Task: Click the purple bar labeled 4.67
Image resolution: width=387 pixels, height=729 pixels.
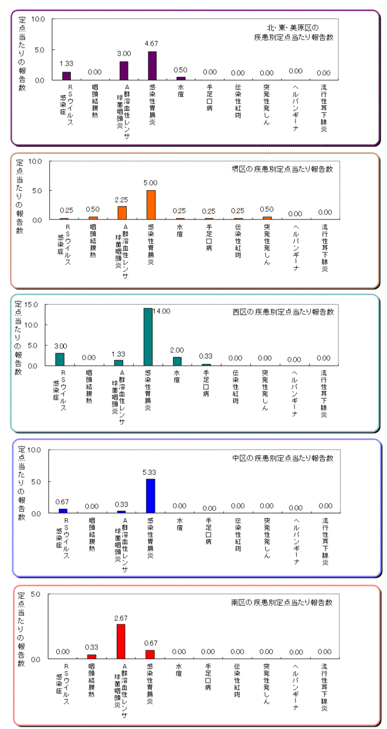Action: tap(152, 66)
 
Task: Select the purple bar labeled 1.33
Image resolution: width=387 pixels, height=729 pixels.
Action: tap(66, 76)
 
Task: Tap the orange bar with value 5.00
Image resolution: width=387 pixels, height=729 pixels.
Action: tap(151, 205)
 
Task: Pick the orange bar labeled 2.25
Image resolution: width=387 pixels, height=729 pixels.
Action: tap(122, 213)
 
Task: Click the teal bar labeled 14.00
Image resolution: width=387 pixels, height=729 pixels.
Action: tap(148, 337)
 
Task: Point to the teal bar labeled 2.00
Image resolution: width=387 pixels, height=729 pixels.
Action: tap(177, 361)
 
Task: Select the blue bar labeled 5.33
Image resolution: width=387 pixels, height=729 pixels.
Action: tap(151, 496)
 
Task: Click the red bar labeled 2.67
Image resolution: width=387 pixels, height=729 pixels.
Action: tap(121, 642)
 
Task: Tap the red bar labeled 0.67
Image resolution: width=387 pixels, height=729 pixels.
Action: tap(150, 654)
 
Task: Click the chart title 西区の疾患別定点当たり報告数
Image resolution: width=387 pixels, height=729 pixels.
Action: tap(283, 312)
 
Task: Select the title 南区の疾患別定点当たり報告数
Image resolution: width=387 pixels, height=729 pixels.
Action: tap(281, 602)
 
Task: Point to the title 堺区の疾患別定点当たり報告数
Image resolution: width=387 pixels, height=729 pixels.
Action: tap(282, 169)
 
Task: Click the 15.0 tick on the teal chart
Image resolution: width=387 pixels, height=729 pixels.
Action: tap(31, 305)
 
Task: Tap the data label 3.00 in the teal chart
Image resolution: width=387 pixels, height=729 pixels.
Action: tap(60, 346)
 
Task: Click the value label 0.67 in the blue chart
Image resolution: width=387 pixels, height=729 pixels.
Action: tap(62, 502)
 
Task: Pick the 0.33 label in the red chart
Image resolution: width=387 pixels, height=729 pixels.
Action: tap(91, 647)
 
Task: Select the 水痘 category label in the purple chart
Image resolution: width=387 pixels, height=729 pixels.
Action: tap(181, 91)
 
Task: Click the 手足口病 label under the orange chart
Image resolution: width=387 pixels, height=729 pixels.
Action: tap(209, 237)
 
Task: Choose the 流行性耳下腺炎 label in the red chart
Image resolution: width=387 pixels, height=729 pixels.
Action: tap(324, 687)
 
